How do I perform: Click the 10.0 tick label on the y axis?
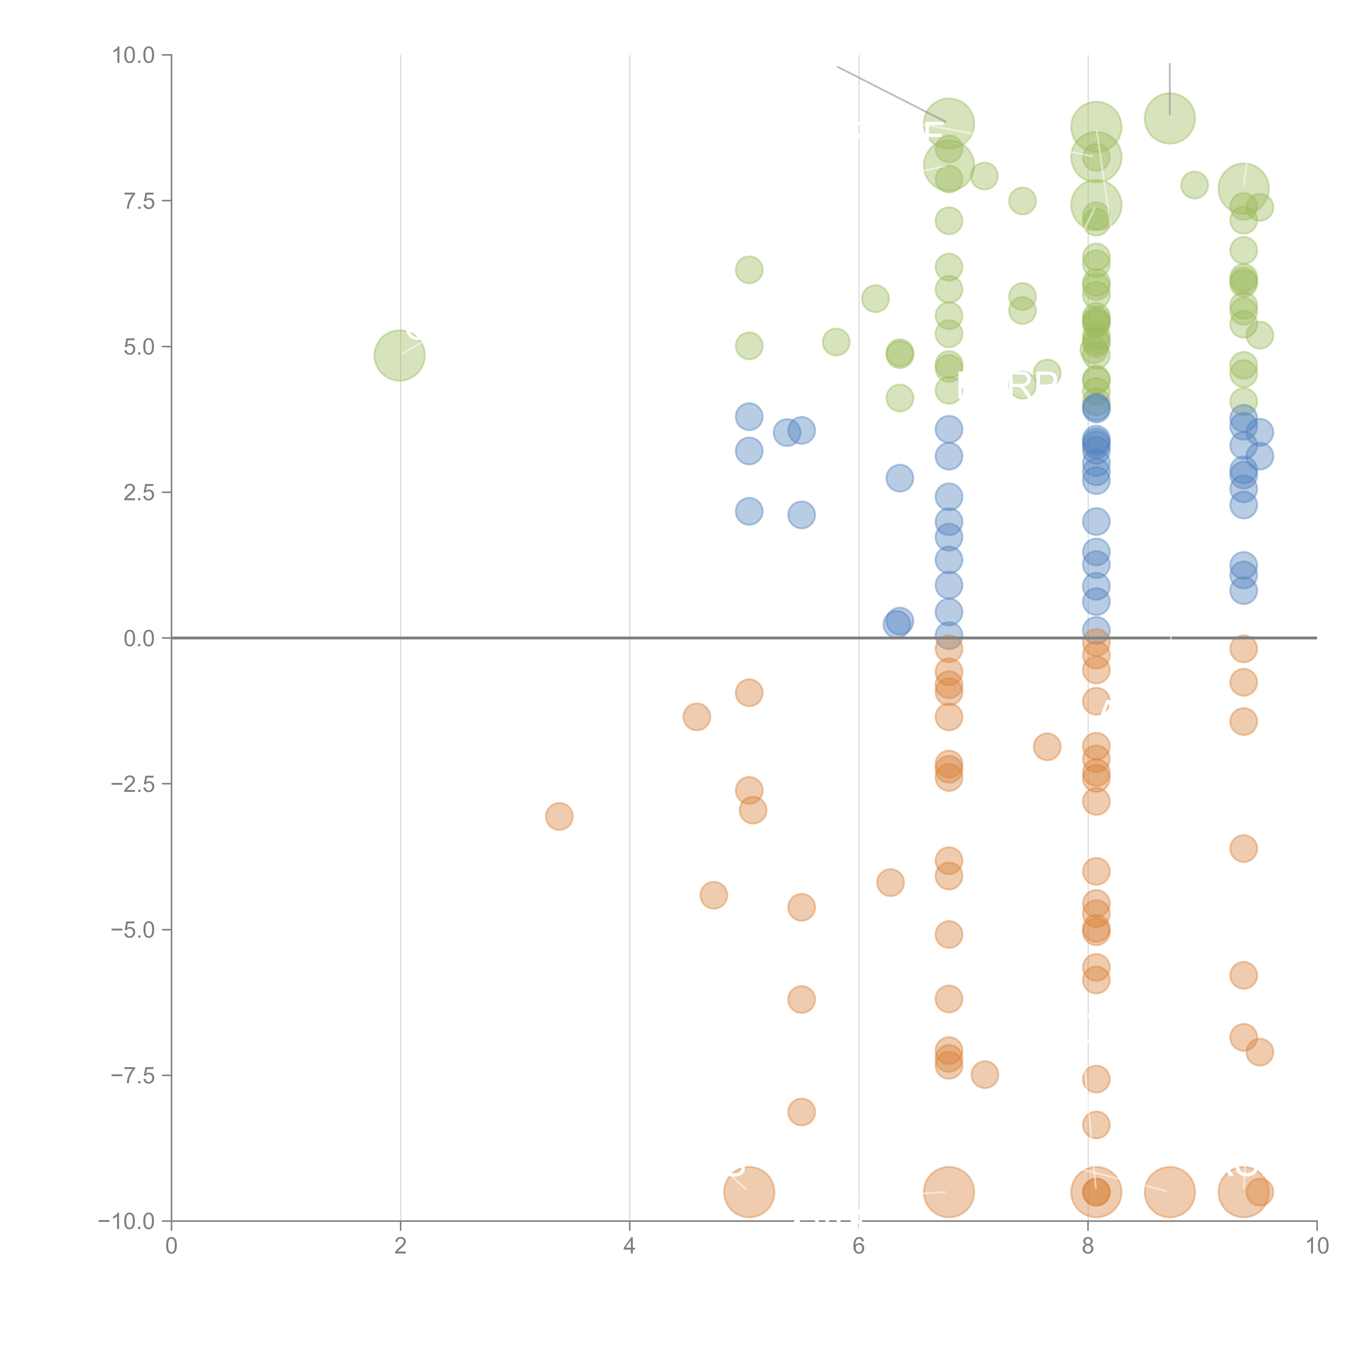[134, 55]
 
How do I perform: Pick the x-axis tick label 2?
[401, 1246]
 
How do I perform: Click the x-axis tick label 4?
[629, 1246]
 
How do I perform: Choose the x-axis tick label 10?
[1317, 1246]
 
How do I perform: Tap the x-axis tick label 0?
[171, 1246]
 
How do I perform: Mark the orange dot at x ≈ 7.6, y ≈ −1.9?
[1047, 746]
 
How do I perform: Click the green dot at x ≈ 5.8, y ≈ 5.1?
[836, 342]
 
